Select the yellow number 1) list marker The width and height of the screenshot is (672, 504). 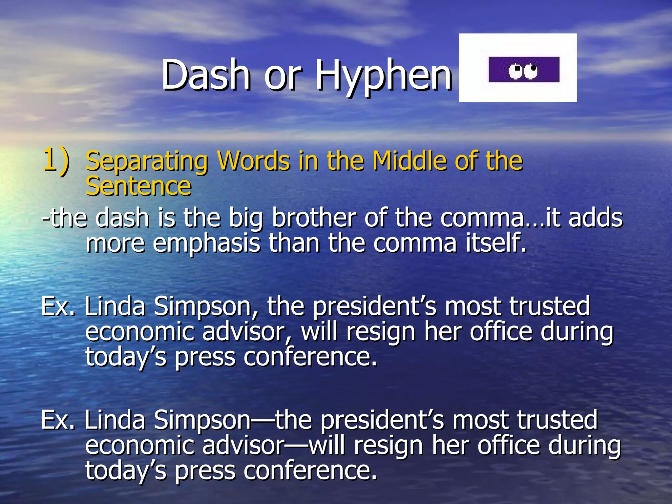point(56,159)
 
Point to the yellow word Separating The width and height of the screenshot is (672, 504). point(146,161)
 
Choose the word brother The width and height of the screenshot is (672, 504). point(314,218)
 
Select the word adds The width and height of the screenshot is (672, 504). point(596,218)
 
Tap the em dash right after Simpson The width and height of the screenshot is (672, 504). point(262,421)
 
